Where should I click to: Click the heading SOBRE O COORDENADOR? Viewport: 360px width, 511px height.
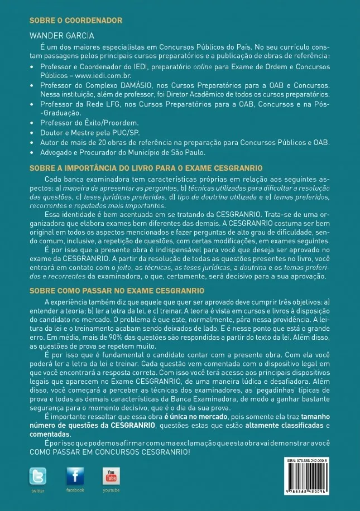pos(75,21)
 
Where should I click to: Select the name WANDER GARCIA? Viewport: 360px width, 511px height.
pos(58,35)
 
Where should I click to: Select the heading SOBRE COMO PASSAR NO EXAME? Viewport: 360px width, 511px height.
pos(117,291)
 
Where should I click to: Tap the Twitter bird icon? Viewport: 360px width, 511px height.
pos(38,476)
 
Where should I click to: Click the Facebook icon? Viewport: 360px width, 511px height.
pos(75,476)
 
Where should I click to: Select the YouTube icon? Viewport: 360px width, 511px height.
pos(111,476)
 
